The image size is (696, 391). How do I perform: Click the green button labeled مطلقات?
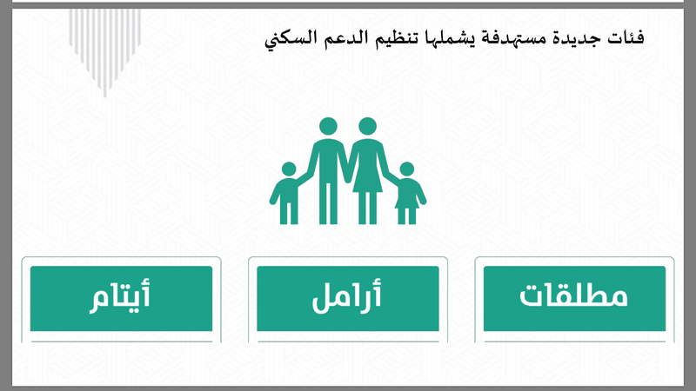point(574,298)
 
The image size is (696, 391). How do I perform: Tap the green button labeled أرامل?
point(347,298)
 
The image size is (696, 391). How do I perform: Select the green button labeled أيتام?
point(121,298)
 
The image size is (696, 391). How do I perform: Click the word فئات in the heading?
point(626,37)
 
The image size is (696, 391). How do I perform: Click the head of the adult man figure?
point(329,126)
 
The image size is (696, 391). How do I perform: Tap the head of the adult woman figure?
point(367,126)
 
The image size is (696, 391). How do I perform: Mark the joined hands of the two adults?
point(348,177)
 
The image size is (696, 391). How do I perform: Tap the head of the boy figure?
point(289,169)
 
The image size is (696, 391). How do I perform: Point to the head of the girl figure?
point(406,169)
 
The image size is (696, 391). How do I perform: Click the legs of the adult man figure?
point(329,203)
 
